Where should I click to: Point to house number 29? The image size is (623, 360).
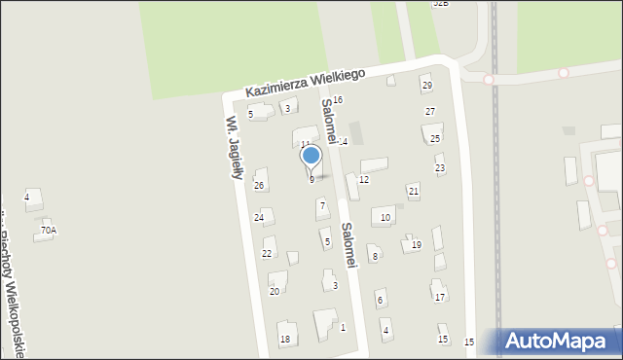[426, 86]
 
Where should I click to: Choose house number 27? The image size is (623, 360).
[430, 112]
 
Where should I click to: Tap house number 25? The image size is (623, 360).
[435, 138]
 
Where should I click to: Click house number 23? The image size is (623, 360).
[439, 168]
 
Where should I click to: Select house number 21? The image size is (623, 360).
[414, 191]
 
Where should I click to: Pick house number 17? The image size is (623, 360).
[440, 297]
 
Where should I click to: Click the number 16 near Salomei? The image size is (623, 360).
[338, 100]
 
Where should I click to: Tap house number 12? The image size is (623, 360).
[364, 180]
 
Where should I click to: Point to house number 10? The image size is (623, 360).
[385, 217]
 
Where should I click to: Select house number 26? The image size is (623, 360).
[259, 185]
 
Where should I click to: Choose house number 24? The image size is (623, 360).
[259, 217]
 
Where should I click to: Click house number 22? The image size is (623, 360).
[267, 253]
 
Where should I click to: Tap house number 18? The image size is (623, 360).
[285, 339]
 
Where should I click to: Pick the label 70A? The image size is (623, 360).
[49, 231]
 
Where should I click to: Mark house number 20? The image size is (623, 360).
[275, 291]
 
